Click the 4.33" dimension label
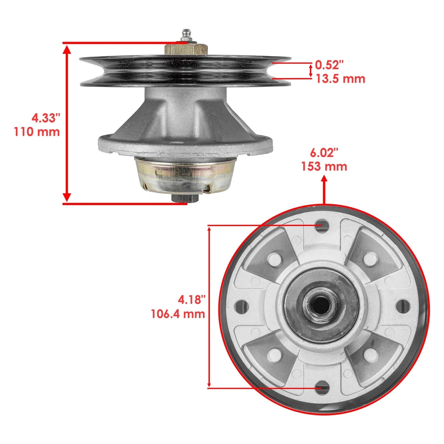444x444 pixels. [46, 118]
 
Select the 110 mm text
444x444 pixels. [37, 131]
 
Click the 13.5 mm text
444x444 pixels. [340, 79]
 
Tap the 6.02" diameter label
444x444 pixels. [324, 153]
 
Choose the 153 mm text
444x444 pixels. [324, 167]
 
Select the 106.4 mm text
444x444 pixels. [178, 314]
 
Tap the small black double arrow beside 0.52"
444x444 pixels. [311, 70]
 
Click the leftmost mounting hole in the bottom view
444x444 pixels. [240, 306]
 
